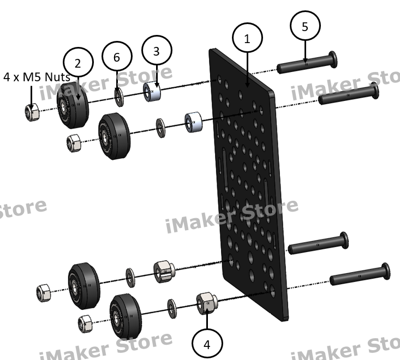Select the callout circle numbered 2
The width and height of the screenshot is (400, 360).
click(x=78, y=63)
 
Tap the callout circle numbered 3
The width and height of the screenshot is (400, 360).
click(x=157, y=51)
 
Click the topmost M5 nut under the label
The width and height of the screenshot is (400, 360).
click(x=31, y=111)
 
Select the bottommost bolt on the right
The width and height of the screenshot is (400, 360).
click(x=360, y=274)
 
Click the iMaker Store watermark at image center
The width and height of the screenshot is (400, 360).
click(x=231, y=215)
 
